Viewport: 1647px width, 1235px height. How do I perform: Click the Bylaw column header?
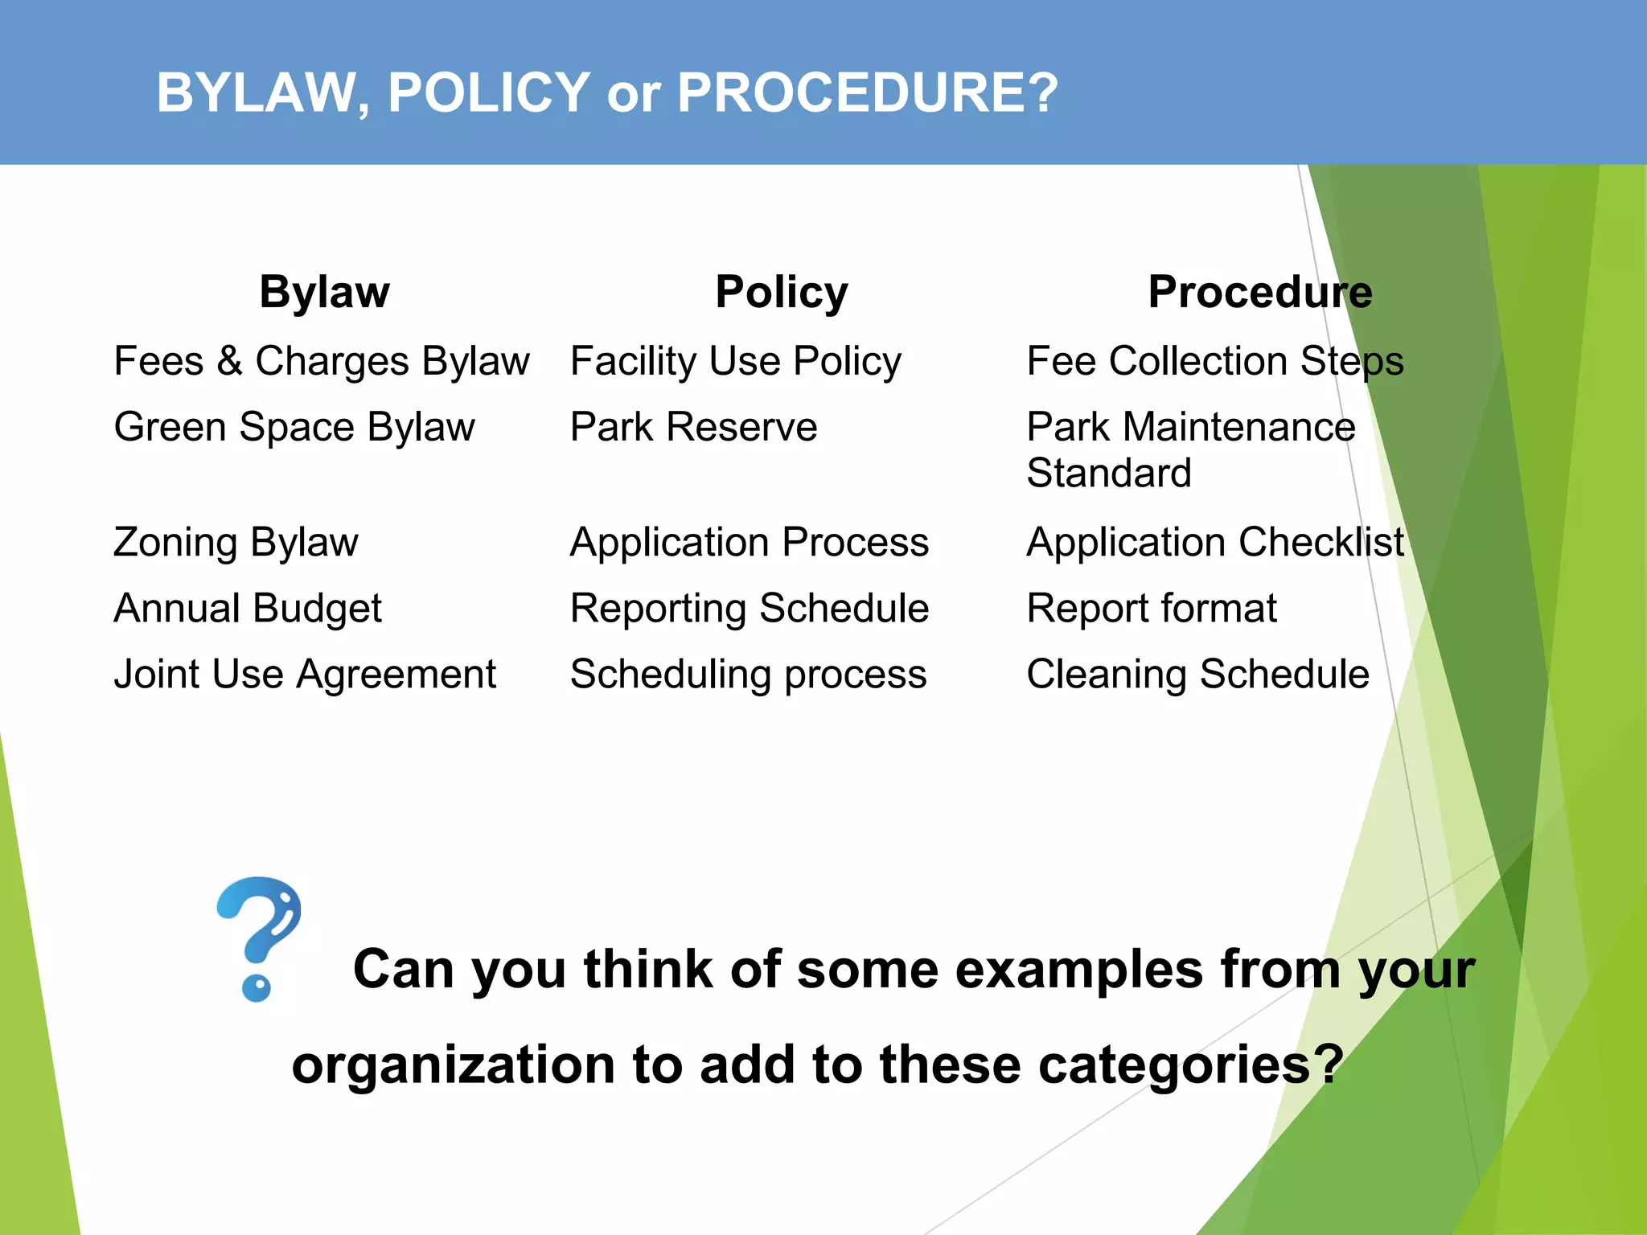(324, 292)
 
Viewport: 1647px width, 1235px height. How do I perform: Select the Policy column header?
(782, 292)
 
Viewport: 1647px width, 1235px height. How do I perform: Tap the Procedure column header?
(1259, 292)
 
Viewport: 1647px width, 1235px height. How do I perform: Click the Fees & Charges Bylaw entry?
(322, 361)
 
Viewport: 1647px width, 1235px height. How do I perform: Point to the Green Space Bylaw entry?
(294, 427)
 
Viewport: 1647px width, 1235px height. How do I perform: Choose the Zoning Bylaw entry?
(236, 542)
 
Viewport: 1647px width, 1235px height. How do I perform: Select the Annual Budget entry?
(248, 608)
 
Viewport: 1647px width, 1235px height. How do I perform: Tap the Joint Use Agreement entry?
(305, 674)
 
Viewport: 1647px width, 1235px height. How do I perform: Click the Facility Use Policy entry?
(735, 361)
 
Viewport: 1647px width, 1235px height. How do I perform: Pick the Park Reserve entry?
(693, 427)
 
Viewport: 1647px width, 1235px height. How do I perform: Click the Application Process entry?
(749, 542)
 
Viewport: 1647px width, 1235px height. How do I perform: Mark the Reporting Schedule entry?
(749, 608)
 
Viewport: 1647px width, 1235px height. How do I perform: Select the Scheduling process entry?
(748, 674)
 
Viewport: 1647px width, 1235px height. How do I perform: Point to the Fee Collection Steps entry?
(1214, 361)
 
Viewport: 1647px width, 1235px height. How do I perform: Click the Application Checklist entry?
(1215, 542)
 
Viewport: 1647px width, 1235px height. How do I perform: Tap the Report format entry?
(1152, 608)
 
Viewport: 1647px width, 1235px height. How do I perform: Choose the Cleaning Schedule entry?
(1197, 674)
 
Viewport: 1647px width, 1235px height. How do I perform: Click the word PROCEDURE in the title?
(867, 92)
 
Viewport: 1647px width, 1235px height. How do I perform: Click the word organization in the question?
(453, 1065)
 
